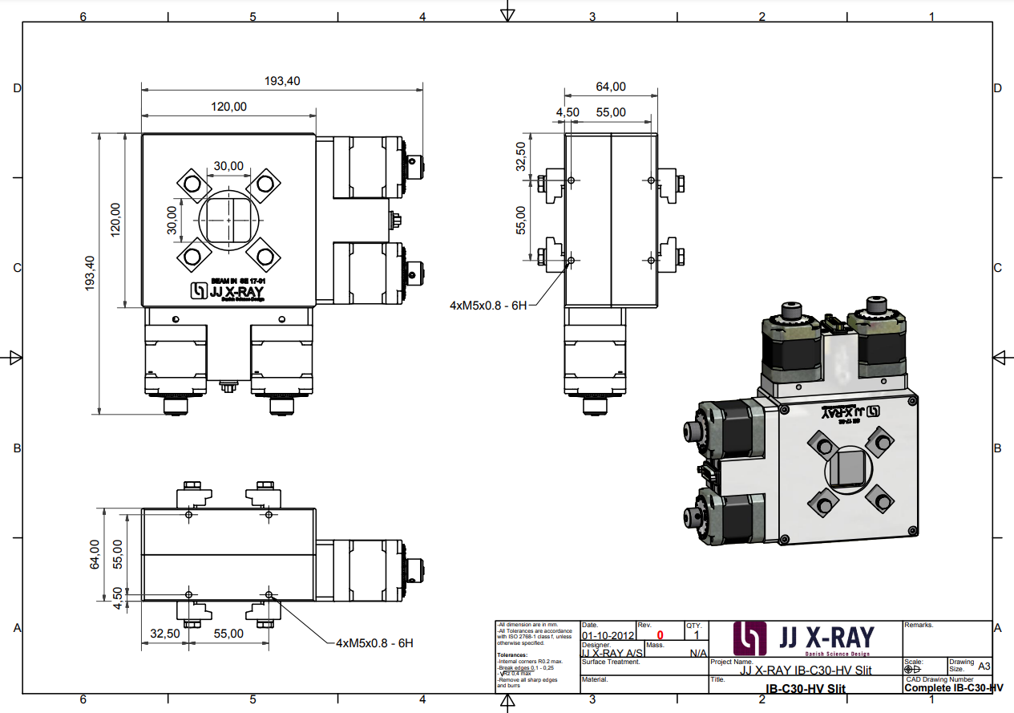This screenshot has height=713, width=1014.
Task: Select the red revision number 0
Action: coord(660,635)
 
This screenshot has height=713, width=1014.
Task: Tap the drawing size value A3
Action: coord(984,666)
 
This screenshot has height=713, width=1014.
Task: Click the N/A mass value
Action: coord(697,653)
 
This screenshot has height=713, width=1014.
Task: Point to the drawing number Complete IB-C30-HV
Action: coord(953,688)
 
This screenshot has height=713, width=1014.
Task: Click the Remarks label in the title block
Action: coord(919,625)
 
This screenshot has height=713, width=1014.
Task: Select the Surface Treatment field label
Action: coord(611,662)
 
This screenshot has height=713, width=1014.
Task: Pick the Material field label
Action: coord(595,679)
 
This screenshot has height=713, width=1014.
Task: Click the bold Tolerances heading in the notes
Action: coord(512,654)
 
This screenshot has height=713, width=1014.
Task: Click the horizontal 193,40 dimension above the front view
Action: coord(282,81)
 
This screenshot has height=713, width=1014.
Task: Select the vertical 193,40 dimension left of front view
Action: coord(89,273)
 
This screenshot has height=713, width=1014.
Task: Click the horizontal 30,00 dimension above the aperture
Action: coord(228,166)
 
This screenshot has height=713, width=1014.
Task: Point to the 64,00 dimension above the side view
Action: coord(611,87)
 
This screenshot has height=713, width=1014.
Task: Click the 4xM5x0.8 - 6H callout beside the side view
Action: coord(488,305)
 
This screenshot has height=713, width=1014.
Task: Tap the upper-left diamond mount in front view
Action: coord(192,184)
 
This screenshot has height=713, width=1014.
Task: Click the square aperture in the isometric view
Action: coord(847,467)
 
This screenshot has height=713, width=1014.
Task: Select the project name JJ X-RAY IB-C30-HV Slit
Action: coord(805,670)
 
